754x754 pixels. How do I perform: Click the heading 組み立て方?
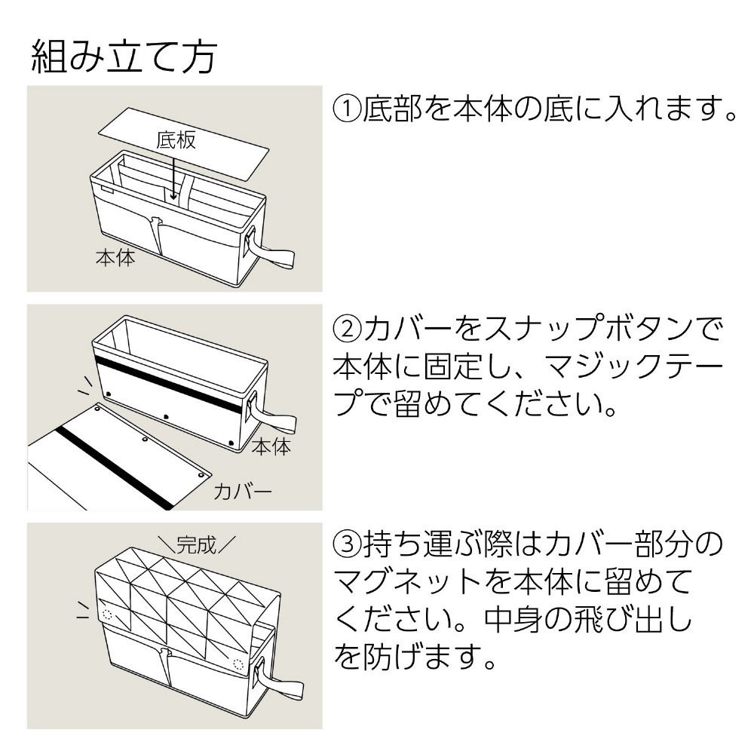click(x=125, y=57)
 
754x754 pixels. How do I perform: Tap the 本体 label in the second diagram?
click(x=270, y=446)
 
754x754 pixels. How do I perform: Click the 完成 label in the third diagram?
click(x=195, y=543)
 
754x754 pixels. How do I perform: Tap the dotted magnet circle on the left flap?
click(x=107, y=615)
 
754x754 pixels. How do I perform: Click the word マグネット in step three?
click(x=412, y=582)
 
